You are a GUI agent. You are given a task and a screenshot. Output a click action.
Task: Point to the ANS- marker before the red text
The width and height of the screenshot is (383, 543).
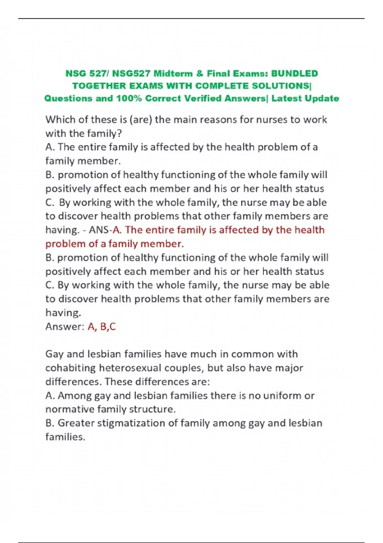click(x=100, y=230)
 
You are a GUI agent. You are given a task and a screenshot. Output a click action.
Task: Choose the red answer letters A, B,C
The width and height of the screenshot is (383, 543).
click(x=101, y=327)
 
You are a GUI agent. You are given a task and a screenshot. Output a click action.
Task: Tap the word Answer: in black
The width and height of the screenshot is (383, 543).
click(x=65, y=327)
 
